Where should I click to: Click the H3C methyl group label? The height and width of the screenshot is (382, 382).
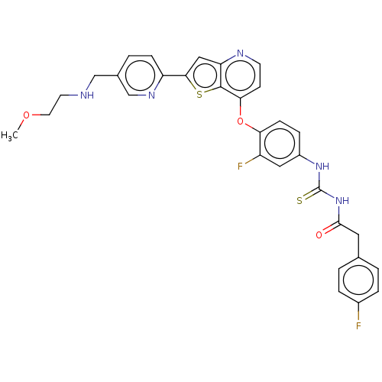coord(9,136)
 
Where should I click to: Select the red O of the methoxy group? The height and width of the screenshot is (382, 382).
coord(26,115)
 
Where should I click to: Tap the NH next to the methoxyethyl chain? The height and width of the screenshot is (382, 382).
coord(87,95)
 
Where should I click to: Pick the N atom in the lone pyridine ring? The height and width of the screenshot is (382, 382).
coord(151,95)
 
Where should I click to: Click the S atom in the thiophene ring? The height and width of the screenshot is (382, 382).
coord(199,95)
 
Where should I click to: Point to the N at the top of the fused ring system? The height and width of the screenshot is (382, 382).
coord(240,53)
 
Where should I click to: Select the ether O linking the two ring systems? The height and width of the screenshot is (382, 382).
coord(240,121)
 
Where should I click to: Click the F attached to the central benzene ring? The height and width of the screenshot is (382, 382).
coord(240,167)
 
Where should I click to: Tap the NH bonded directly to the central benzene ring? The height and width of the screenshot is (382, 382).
coord(322,167)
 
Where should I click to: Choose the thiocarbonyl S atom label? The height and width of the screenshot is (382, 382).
coord(299,201)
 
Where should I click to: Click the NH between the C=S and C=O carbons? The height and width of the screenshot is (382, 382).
coord(342,201)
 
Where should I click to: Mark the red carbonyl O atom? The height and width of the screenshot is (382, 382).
coord(319,235)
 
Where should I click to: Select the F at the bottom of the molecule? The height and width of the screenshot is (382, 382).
coord(358,325)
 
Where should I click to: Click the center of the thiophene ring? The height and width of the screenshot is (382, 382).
coord(205,76)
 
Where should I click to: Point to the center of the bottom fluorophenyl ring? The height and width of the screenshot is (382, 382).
coord(358,280)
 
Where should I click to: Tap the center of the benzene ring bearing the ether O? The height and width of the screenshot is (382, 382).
coord(280,144)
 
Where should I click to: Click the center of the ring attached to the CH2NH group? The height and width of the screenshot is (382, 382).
coord(140,76)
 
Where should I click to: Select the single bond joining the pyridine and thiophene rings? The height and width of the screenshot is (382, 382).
coord(174,76)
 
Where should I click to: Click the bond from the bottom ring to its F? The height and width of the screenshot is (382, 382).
coord(358,312)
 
